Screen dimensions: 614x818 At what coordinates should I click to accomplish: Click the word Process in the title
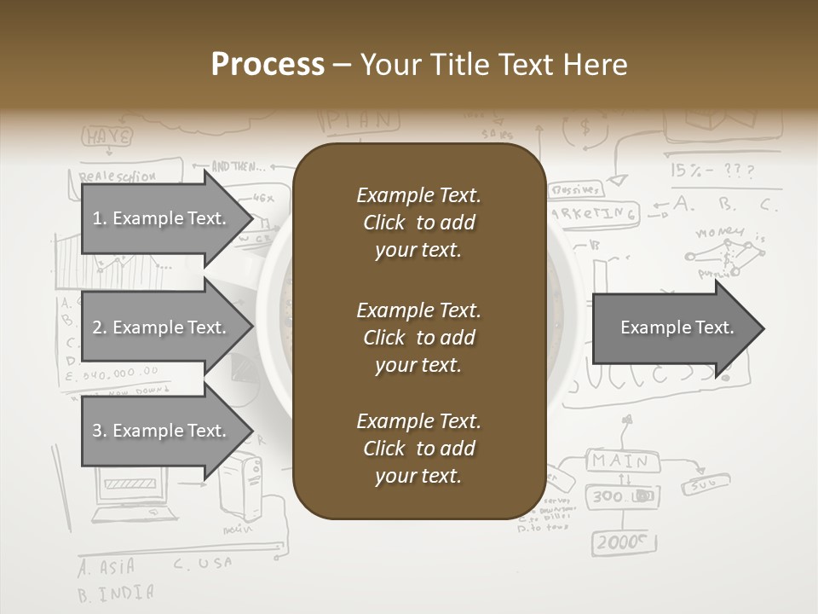click(x=268, y=65)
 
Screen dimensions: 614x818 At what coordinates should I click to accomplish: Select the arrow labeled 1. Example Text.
click(x=162, y=218)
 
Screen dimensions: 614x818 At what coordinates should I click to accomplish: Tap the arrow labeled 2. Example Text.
click(x=162, y=327)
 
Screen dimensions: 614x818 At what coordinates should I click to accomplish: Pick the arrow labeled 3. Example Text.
click(x=162, y=431)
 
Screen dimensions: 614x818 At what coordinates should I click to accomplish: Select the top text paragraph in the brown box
click(x=418, y=223)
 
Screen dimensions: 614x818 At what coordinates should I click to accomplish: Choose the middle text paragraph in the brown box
click(x=418, y=338)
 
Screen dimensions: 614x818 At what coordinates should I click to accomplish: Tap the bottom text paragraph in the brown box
click(x=418, y=449)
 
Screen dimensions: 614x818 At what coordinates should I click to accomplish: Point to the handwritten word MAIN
click(x=620, y=461)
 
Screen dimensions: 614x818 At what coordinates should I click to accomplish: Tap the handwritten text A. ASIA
click(x=107, y=568)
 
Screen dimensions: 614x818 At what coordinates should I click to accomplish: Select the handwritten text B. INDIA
click(x=116, y=593)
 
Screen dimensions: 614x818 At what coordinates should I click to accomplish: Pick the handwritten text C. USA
click(x=203, y=564)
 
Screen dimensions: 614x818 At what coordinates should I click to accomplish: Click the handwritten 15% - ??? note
click(x=712, y=171)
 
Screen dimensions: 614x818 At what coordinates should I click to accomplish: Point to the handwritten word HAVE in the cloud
click(x=107, y=136)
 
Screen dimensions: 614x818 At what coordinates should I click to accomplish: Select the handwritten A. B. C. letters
click(x=724, y=205)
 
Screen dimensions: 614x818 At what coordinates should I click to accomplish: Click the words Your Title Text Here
click(x=493, y=65)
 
